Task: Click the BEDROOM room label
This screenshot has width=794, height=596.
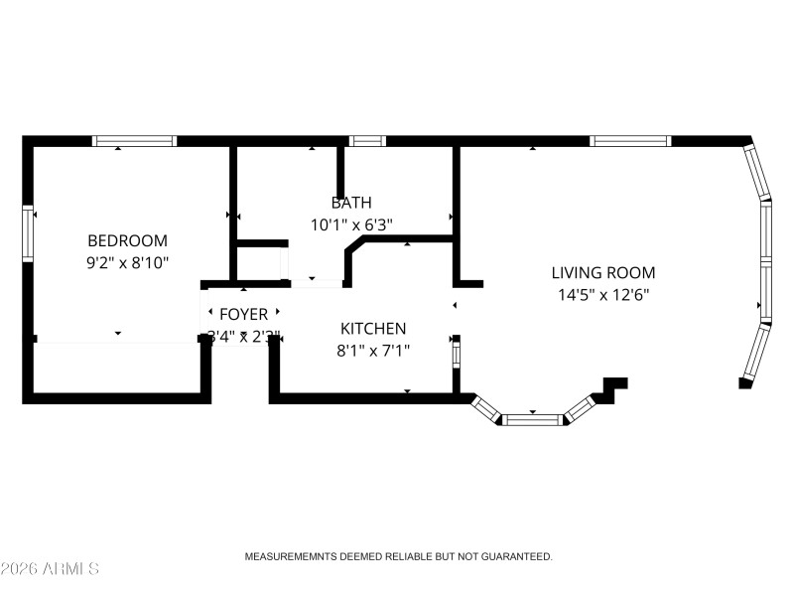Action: (127, 240)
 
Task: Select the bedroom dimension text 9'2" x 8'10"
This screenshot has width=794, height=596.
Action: (127, 262)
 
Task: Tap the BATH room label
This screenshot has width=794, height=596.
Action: (351, 203)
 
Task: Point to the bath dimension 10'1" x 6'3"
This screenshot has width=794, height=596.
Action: (351, 224)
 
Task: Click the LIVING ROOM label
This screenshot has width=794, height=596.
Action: (603, 272)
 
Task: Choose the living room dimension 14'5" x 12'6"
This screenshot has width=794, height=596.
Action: (603, 294)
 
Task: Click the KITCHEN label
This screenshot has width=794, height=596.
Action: (373, 328)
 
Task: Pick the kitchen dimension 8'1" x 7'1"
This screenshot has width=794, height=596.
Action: (373, 350)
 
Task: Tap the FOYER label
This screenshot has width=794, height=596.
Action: (243, 315)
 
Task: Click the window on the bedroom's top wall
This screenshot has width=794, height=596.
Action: (134, 141)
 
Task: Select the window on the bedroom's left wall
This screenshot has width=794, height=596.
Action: (29, 234)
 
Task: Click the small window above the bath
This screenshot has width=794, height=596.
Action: (368, 141)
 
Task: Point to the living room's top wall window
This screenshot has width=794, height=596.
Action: (630, 141)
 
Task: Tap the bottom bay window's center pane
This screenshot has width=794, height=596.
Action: (533, 419)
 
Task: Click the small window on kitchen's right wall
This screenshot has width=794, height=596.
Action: (457, 352)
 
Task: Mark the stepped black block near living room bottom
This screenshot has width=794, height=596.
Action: (611, 388)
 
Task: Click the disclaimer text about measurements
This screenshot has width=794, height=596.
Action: (398, 557)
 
